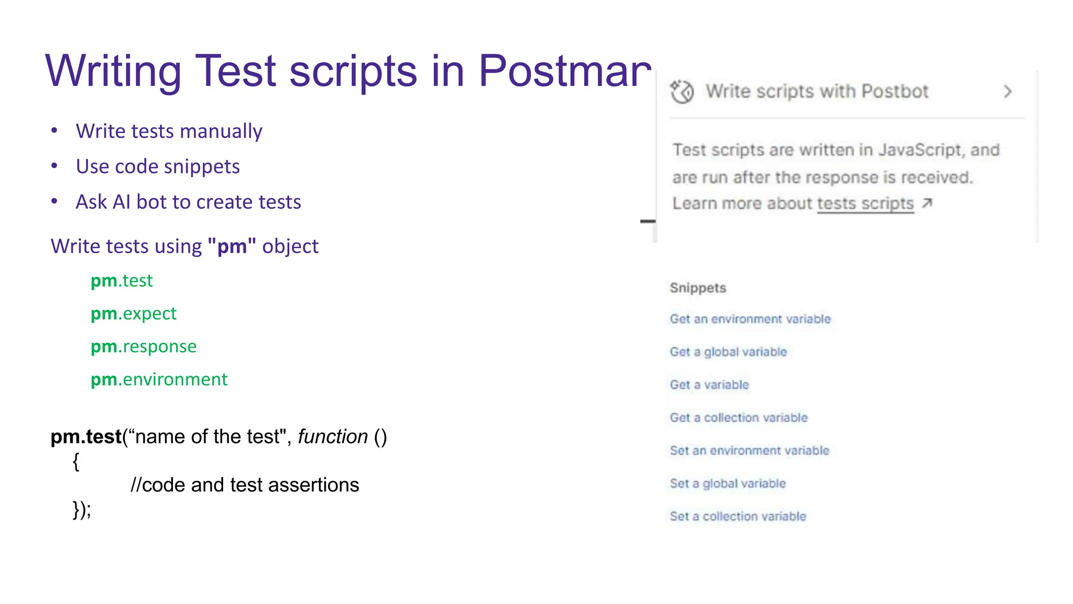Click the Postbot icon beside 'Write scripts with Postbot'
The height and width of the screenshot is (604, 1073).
682,92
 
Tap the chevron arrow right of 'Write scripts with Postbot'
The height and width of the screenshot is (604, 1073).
1008,92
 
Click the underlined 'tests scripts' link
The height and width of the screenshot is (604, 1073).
865,203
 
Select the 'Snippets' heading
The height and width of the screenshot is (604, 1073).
698,288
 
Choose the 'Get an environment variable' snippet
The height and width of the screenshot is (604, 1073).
750,319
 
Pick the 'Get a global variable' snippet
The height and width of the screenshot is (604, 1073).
728,352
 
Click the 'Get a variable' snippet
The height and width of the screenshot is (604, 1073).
709,385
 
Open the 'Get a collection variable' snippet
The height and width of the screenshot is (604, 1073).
739,418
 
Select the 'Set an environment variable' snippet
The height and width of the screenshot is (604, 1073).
750,450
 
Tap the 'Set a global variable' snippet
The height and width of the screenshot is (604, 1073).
728,483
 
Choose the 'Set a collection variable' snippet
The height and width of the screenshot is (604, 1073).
738,516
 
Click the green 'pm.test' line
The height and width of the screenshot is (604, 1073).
122,281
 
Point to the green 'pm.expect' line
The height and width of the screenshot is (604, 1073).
134,314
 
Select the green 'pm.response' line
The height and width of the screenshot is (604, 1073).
144,347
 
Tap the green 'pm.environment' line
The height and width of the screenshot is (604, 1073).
159,380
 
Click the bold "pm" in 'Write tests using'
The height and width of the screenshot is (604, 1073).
232,246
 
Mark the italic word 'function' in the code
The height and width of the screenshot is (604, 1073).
333,437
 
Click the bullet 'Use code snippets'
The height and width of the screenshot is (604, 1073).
158,167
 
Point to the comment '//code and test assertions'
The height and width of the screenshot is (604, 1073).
245,485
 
